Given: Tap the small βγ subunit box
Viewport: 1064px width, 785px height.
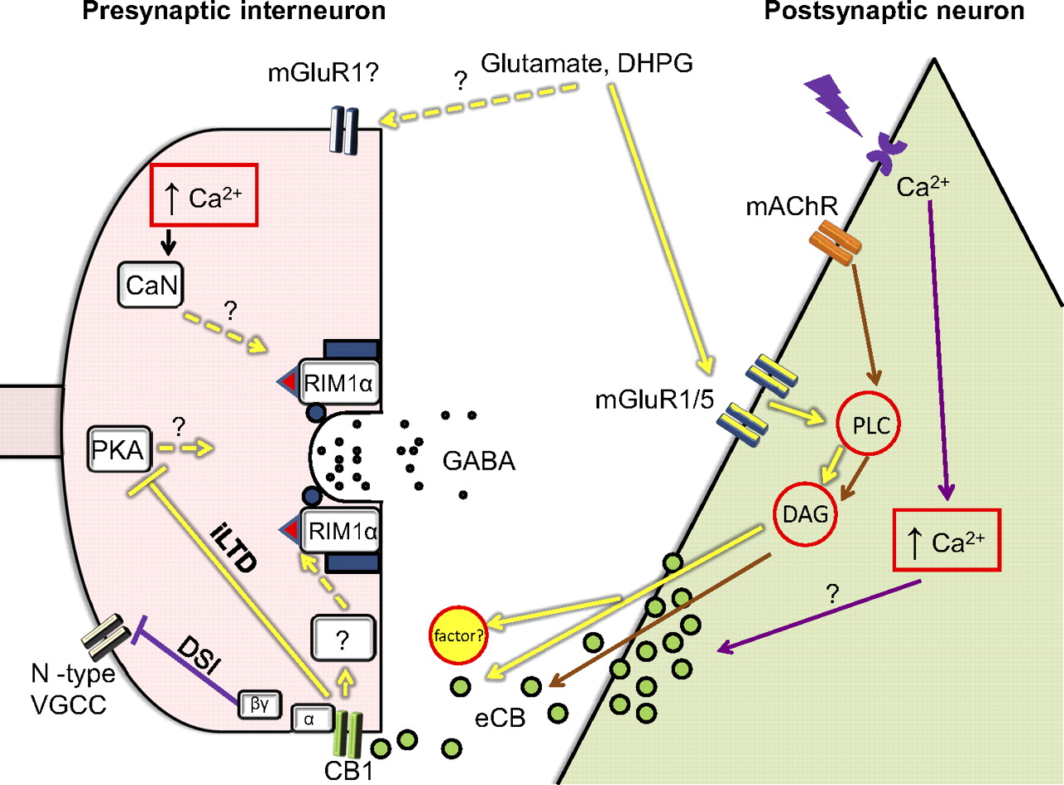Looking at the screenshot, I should pos(260,702).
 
